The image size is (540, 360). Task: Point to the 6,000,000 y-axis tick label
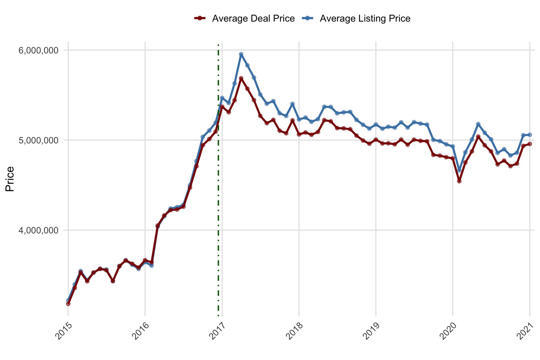tap(38, 50)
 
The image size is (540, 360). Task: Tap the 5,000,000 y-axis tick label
tap(38, 140)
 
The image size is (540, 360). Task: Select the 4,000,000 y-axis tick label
tap(38, 230)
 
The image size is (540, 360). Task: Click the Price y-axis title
tap(10, 179)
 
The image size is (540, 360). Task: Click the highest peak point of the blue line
tap(241, 54)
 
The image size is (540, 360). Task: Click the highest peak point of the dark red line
tap(241, 78)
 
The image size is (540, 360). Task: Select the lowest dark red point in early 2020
tap(459, 181)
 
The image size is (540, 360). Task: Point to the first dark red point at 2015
tap(68, 304)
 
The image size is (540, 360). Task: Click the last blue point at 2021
tap(529, 135)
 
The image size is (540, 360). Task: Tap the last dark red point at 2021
tap(529, 144)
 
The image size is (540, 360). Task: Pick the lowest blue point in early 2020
tap(459, 170)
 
